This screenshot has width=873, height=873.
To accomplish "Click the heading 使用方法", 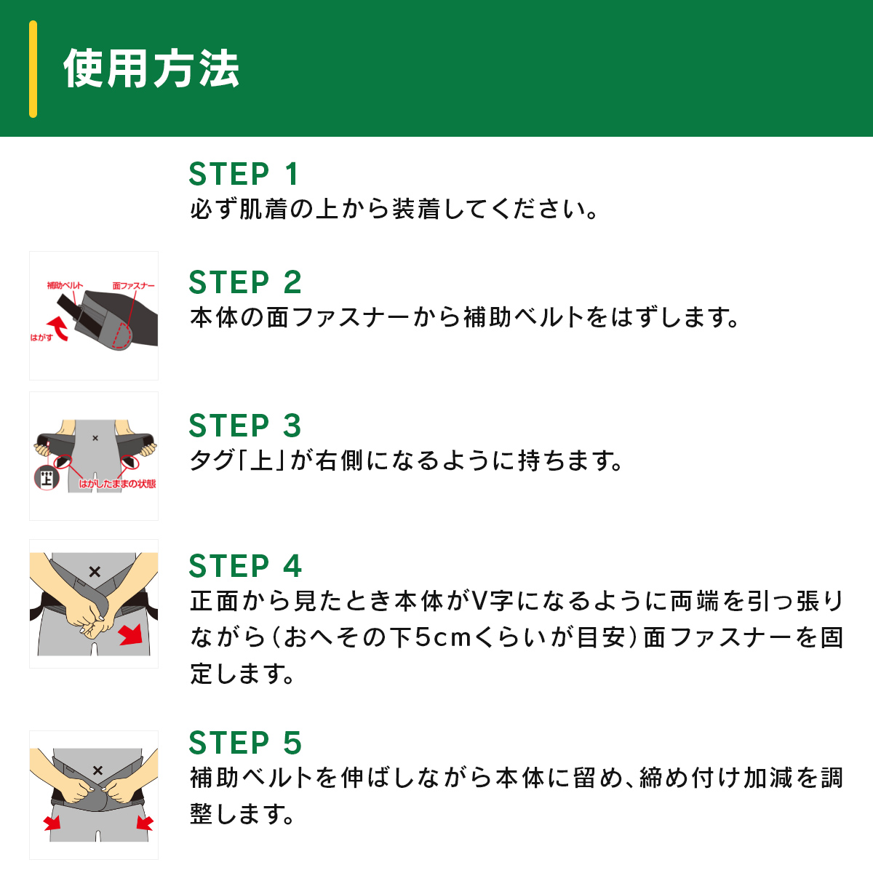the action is click(151, 69).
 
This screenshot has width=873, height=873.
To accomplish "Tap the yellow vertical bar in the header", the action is click(33, 69).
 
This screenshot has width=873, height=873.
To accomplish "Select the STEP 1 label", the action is click(243, 174).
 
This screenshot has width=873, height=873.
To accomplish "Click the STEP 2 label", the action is click(245, 282).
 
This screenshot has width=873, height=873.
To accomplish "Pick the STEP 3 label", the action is click(245, 426).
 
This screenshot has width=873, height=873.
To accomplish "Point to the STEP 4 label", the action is click(245, 566).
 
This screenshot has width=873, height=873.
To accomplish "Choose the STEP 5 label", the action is click(245, 743).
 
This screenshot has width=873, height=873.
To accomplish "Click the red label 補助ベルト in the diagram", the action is click(65, 285).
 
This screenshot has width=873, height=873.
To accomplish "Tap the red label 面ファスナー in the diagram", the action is click(134, 286).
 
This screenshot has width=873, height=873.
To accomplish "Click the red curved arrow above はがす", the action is click(59, 327).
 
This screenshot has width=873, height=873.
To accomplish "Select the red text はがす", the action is click(41, 338).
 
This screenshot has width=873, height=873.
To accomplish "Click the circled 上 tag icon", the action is click(47, 478).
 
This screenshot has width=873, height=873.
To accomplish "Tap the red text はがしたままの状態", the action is click(117, 484).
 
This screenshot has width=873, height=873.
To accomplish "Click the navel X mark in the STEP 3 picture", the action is click(95, 438).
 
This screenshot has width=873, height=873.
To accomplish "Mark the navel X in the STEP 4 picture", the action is click(95, 572).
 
